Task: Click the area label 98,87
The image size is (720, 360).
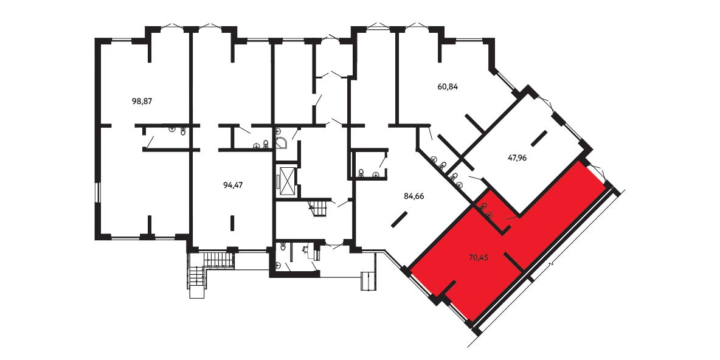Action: coord(142,102)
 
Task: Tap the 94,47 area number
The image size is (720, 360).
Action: coord(233,185)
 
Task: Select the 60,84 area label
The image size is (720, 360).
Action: coord(448,86)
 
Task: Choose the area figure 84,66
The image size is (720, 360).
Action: coord(414,196)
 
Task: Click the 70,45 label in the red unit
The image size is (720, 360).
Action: coord(478,258)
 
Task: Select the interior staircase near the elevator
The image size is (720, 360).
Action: coord(320,207)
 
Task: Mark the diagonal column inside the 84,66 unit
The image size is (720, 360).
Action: coord(400,218)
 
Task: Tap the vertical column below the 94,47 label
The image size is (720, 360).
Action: coord(232,223)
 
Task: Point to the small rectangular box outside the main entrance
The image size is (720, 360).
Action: coord(369,281)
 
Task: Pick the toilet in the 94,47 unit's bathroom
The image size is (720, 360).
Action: coord(266,145)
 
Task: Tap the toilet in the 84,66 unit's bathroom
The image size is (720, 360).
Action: coord(362,173)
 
